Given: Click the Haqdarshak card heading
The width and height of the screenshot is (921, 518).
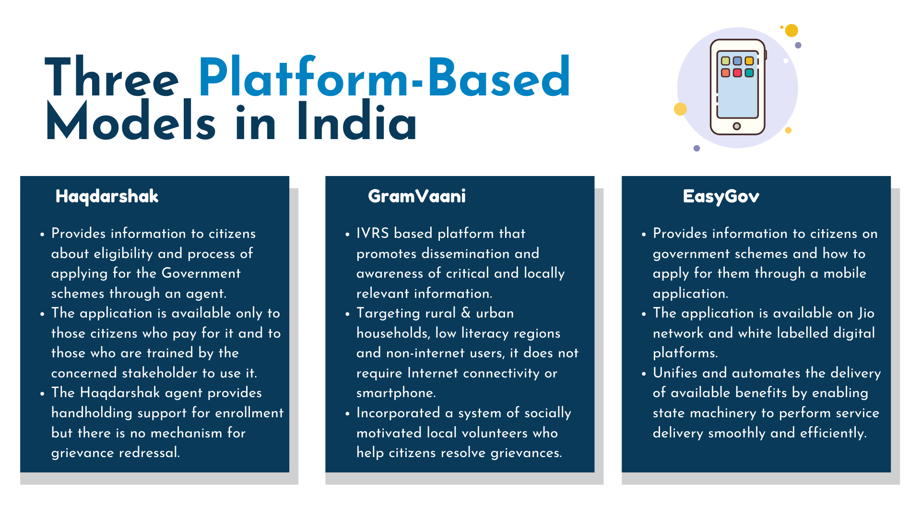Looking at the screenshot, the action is (107, 197).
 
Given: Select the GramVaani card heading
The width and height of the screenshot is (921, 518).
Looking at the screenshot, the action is (417, 196).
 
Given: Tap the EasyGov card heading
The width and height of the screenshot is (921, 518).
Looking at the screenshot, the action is (721, 197).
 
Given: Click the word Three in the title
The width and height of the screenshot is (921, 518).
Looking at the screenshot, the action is (112, 77).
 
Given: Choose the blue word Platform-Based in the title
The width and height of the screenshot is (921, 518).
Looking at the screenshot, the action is (384, 77).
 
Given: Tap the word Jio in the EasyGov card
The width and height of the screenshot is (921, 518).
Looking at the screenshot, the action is (866, 313).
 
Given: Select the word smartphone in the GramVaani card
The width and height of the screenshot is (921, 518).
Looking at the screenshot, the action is (396, 393).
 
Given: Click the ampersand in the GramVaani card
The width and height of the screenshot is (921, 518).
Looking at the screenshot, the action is (466, 313).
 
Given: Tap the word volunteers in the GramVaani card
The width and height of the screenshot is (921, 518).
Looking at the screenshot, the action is (495, 433).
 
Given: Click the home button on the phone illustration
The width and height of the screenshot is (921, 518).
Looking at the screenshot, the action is (737, 126).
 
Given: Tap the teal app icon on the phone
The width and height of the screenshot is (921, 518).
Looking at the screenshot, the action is (749, 73).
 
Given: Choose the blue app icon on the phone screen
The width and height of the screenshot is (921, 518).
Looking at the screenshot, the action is (737, 61).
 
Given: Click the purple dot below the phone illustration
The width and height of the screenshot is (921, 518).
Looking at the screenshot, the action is (697, 148).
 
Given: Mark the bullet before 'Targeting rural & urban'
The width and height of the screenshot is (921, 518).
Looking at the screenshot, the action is (347, 315).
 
